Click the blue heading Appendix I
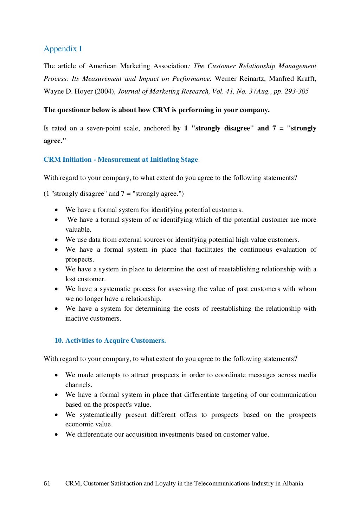click(63, 49)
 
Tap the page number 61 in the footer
click(47, 483)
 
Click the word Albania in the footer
click(292, 483)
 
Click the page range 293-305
click(297, 91)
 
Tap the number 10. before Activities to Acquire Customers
click(59, 340)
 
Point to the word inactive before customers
click(77, 318)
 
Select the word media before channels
click(307, 375)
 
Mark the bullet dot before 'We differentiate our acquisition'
click(56, 434)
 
